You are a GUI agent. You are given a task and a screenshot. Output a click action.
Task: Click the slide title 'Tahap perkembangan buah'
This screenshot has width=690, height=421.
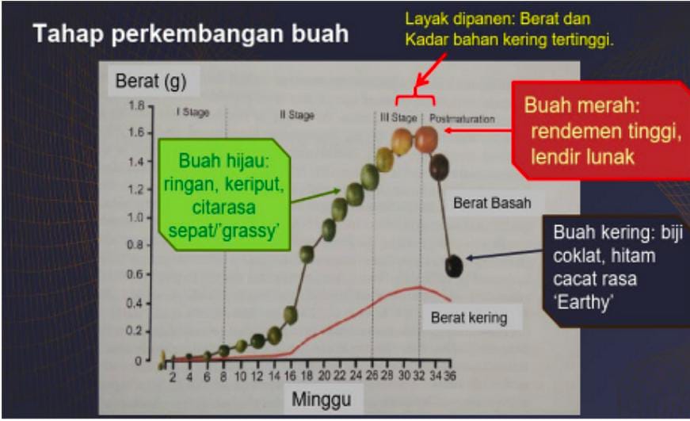pos(191,34)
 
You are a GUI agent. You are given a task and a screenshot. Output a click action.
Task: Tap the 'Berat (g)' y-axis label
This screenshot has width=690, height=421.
pos(151,81)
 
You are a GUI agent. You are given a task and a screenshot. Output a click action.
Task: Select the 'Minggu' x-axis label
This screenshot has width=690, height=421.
pos(322,400)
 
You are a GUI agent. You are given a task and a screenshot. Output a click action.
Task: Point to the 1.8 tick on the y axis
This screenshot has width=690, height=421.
pos(136,105)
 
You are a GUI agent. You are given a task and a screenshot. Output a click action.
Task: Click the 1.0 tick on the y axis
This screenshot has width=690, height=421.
pos(135,217)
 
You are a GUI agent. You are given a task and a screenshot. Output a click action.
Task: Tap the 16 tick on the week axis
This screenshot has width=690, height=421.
pos(290,376)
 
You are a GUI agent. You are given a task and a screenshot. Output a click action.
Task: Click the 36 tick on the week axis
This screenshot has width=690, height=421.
pos(450,376)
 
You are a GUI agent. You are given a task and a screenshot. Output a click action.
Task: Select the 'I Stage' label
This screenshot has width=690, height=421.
pos(193,113)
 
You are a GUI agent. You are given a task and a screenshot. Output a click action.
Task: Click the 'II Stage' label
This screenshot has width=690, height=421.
pos(297,115)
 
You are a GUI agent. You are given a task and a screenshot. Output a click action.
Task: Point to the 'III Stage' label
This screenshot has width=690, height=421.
pos(398,117)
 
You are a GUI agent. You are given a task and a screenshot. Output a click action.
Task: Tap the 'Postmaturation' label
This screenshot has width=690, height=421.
pos(462,119)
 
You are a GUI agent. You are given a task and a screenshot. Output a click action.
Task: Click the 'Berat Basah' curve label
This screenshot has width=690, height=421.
pos(492,203)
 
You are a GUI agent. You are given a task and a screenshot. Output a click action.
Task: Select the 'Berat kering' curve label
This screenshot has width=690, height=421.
pos(469,317)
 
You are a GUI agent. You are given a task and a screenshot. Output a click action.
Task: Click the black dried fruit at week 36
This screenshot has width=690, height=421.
pos(454,266)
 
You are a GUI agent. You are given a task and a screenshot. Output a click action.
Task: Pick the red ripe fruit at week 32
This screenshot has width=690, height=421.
pos(426,140)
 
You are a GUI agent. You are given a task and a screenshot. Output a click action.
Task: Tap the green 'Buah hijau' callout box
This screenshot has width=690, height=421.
pos(224,195)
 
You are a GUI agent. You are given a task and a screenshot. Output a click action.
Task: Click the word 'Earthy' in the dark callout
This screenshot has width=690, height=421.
pos(583,302)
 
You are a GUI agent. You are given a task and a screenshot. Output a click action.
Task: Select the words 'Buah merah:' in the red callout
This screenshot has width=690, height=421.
pos(581,105)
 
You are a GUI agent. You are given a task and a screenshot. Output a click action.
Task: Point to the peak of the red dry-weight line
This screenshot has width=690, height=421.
pos(419,287)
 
